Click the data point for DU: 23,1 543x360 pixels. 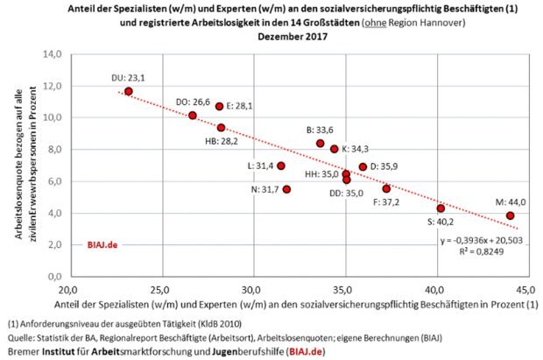coord(129,91)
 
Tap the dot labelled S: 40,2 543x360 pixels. coord(441,208)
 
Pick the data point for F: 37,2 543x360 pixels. coord(386,188)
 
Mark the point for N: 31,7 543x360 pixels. coord(286,189)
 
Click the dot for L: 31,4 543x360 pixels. coord(281,166)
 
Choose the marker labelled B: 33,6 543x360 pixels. coord(321,144)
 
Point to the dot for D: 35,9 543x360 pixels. coord(363,166)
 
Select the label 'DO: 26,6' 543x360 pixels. coord(194,101)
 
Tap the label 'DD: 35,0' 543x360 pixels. coord(346,194)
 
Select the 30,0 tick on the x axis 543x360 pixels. coord(251,289)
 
